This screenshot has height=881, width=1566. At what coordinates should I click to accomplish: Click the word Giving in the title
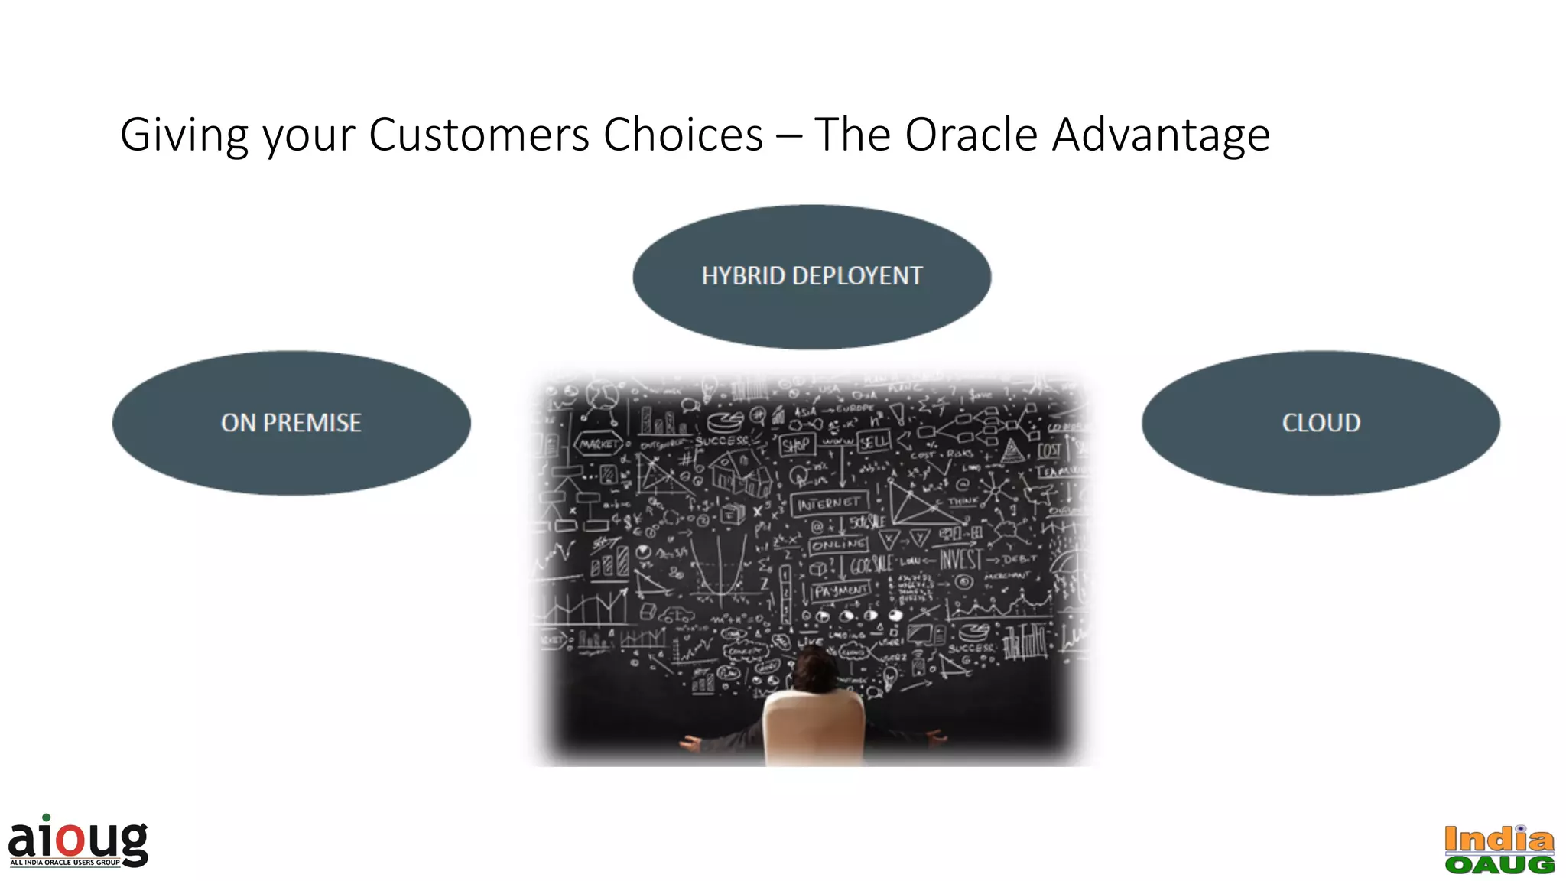coord(184,135)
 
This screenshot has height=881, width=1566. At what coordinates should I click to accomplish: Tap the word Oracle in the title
coord(970,135)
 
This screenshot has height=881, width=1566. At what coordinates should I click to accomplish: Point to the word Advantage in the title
coord(1160,135)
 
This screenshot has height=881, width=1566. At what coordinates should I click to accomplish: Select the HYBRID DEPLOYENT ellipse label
coord(811,276)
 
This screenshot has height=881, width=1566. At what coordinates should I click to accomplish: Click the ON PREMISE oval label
coord(291,423)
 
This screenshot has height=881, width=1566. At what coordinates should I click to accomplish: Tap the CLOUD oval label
coord(1321,423)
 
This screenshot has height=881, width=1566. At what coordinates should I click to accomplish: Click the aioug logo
coord(78,842)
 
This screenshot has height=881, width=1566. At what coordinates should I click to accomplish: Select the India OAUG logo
coord(1499,850)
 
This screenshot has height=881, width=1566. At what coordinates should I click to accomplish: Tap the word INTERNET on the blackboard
coord(829,504)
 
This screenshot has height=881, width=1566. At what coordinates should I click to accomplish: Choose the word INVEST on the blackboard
coord(960,559)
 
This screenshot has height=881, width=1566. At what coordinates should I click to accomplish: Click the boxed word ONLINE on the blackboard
coord(839,545)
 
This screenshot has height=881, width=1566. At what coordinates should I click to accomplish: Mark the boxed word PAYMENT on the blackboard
coord(841,590)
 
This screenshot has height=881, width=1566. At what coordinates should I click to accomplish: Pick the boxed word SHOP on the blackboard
coord(795,445)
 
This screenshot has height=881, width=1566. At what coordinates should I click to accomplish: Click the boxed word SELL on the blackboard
coord(873,441)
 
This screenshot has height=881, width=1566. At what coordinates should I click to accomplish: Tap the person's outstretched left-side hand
coord(690,743)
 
